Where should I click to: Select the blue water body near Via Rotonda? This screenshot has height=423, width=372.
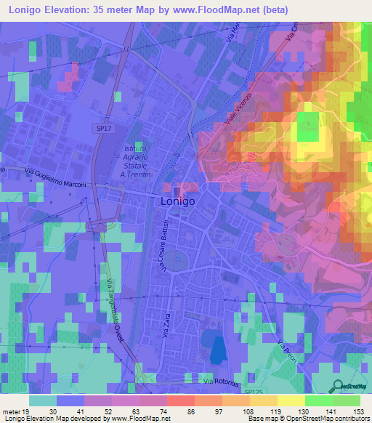point(216,347)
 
